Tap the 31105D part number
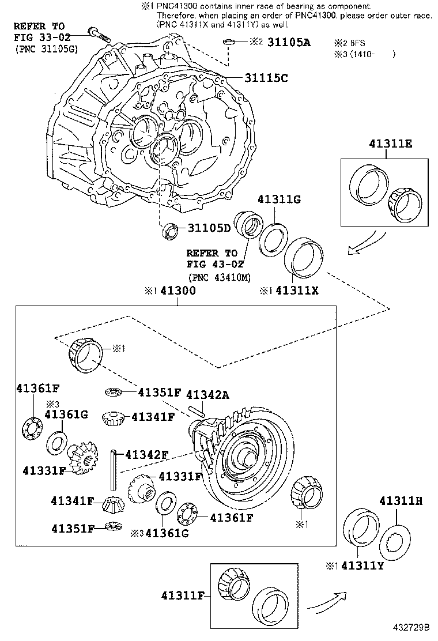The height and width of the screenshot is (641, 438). pyautogui.click(x=208, y=228)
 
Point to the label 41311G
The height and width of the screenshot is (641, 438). pyautogui.click(x=280, y=199)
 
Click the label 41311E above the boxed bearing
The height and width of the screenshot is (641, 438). pyautogui.click(x=391, y=145)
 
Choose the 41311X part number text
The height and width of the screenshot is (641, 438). pyautogui.click(x=297, y=291)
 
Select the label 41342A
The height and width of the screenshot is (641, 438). pyautogui.click(x=207, y=394)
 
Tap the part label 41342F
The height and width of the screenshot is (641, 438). pyautogui.click(x=146, y=454)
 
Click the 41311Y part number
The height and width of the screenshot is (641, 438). pyautogui.click(x=363, y=565)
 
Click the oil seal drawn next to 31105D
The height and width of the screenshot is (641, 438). pyautogui.click(x=170, y=229)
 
